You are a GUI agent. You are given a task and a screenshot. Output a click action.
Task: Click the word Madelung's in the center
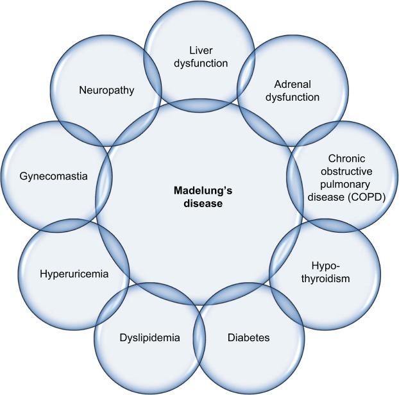(199, 190)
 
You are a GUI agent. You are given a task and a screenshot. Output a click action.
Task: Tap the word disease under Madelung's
(199, 205)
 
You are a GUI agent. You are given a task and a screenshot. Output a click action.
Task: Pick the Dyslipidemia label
(148, 337)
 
